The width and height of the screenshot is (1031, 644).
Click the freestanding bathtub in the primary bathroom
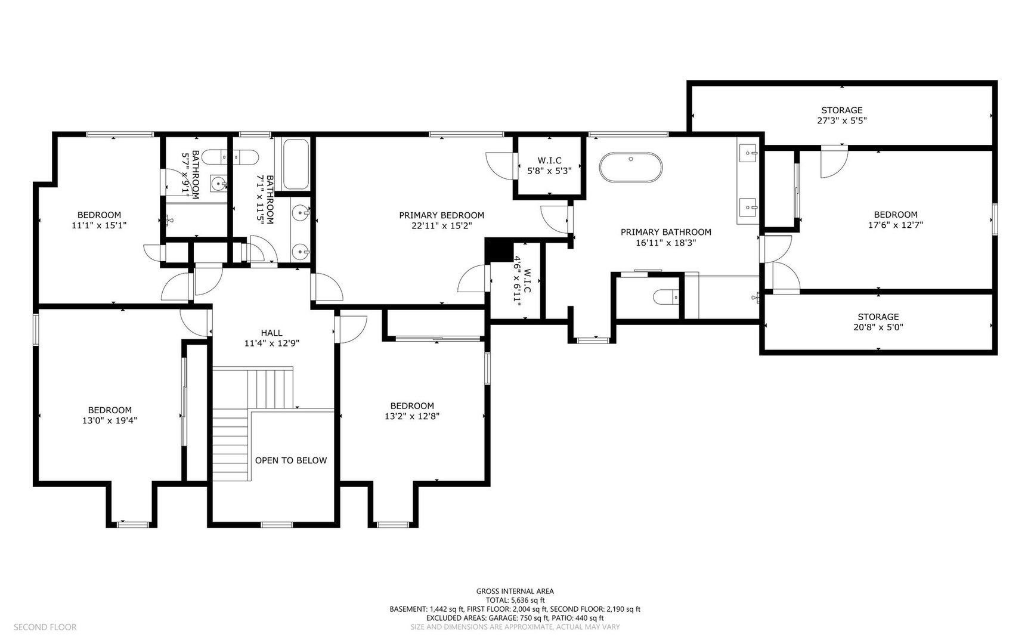pyautogui.click(x=630, y=168)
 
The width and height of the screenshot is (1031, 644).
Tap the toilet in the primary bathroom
pyautogui.click(x=665, y=296)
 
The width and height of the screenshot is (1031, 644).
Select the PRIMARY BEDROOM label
pyautogui.click(x=441, y=215)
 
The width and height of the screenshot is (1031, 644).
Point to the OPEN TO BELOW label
pyautogui.click(x=291, y=460)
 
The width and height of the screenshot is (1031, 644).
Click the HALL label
pyautogui.click(x=271, y=333)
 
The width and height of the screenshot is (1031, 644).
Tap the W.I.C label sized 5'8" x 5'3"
pyautogui.click(x=549, y=160)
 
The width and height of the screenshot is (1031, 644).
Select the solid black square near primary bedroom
pyautogui.click(x=499, y=250)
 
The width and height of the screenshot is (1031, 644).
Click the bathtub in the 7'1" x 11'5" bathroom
pyautogui.click(x=295, y=165)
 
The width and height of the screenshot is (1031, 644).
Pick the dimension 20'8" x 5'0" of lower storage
pyautogui.click(x=878, y=327)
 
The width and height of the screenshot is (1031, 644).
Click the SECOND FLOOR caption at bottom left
pyautogui.click(x=45, y=627)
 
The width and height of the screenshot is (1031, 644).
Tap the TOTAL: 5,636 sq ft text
pyautogui.click(x=515, y=600)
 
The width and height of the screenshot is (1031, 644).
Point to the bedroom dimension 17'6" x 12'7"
pyautogui.click(x=895, y=225)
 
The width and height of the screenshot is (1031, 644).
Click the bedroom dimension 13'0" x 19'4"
pyautogui.click(x=110, y=420)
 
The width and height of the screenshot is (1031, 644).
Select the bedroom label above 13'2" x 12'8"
pyautogui.click(x=412, y=405)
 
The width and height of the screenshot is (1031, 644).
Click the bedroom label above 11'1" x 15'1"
pyautogui.click(x=99, y=215)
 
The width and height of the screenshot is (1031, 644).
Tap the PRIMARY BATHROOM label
pyautogui.click(x=665, y=232)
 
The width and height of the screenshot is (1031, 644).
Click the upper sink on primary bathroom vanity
pyautogui.click(x=748, y=154)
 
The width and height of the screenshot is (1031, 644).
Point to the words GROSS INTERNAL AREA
pyautogui.click(x=515, y=592)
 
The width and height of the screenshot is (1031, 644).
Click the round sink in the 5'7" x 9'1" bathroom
pyautogui.click(x=219, y=183)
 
